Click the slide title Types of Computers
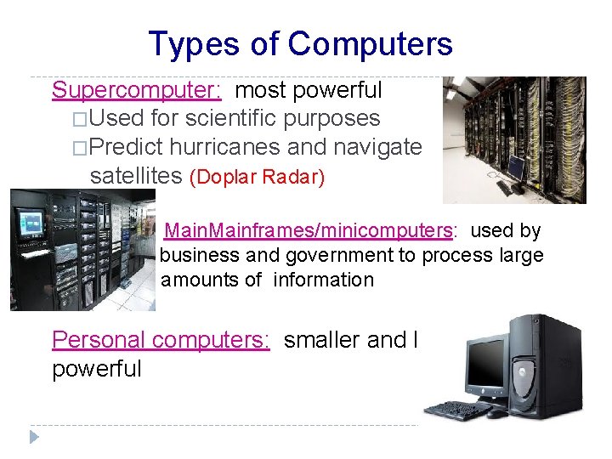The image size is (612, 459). point(300,43)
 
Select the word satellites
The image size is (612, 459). point(136,176)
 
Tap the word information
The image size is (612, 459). point(324,280)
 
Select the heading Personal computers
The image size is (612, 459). point(161,340)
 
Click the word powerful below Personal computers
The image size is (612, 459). point(97,369)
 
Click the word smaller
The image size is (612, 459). point(320,340)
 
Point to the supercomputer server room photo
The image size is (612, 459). point(514,139)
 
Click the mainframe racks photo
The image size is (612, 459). point(82,250)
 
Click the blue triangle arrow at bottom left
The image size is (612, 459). point(34,437)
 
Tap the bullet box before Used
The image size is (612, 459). point(80,119)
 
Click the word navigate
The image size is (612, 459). point(377,147)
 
